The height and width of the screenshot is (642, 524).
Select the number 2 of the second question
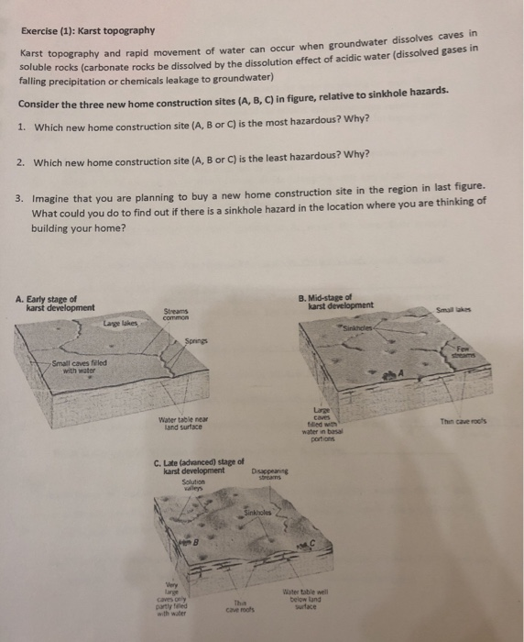[21, 163]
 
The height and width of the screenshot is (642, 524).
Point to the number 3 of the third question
[21, 198]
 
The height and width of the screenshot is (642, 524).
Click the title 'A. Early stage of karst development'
[55, 303]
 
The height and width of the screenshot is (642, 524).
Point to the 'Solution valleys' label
[193, 486]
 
